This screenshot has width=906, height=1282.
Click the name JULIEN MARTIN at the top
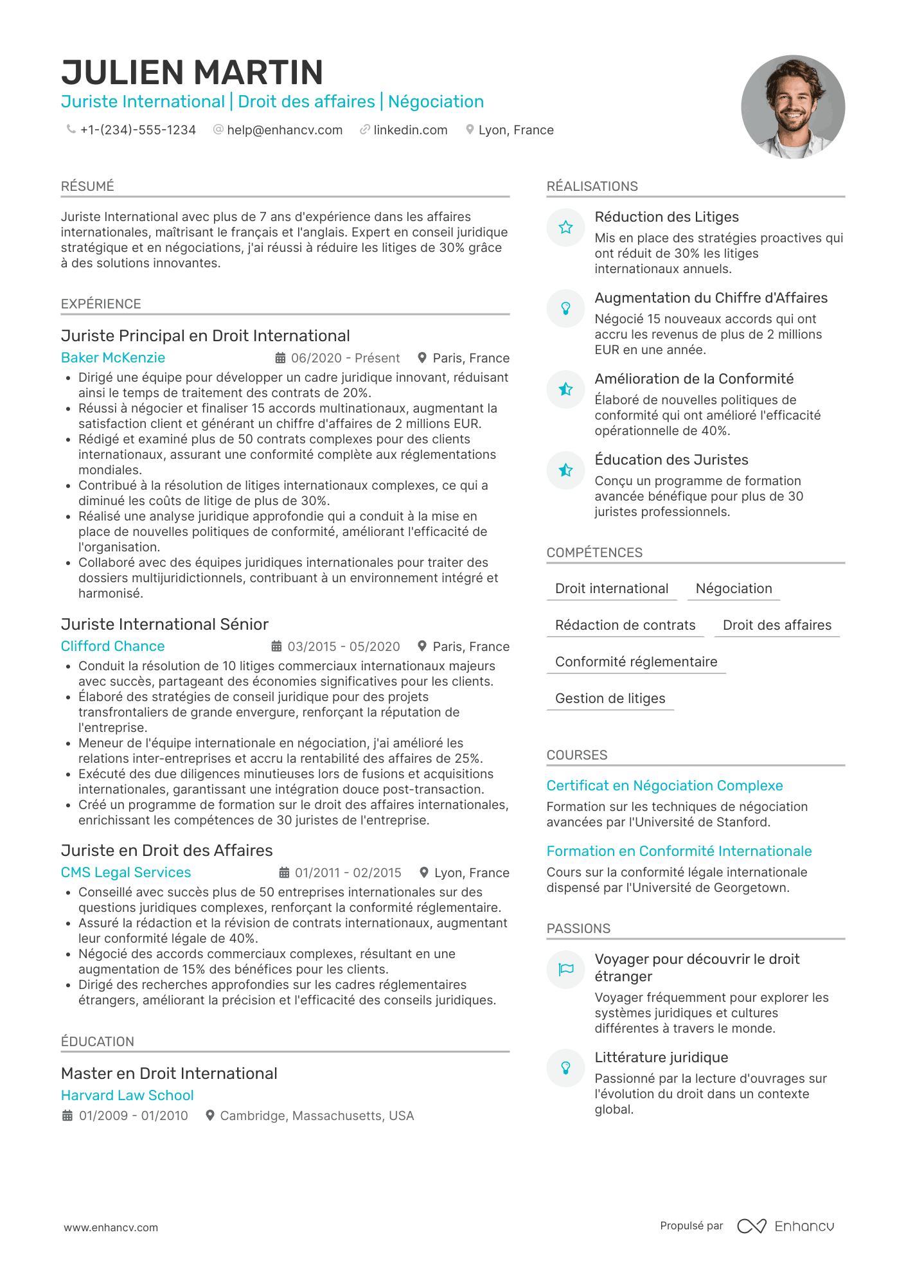pos(192,73)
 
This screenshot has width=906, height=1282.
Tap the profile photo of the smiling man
pos(792,107)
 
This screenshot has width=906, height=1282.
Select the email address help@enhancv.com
pos(284,130)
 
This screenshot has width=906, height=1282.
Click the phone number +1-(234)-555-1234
pos(138,130)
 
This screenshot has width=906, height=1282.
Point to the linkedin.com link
pos(410,130)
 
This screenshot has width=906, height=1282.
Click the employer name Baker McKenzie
pos(113,358)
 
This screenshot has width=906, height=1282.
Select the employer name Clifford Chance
pos(113,646)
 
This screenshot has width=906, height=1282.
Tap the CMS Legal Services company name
pos(126,873)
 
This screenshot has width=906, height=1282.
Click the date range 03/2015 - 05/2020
pos(343,647)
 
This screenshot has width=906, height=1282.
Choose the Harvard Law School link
pos(127,1096)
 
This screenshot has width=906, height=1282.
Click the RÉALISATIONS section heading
pos(592,186)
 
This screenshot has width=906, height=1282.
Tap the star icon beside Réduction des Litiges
pos(565,227)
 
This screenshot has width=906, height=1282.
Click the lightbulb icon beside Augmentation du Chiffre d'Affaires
pos(565,308)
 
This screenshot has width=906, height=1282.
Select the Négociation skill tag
pos(734,589)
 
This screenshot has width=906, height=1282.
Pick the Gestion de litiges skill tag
pos(610,699)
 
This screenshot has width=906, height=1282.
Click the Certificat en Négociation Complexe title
pos(664,786)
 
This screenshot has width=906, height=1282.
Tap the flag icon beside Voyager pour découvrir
pos(565,970)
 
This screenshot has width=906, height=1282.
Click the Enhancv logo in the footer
pos(786,1226)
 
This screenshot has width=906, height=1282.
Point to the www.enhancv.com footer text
pos(111,1227)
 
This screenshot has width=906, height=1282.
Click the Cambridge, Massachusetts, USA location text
pos(317,1116)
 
